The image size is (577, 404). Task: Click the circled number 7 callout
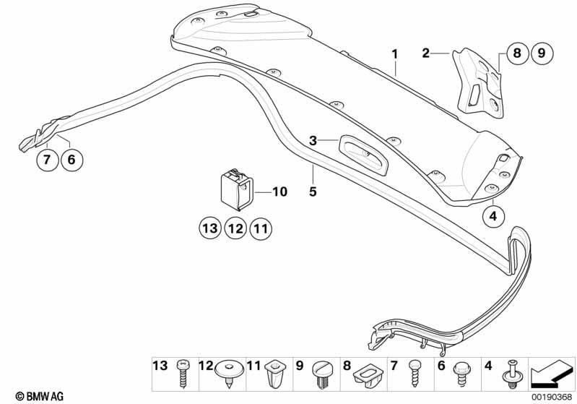[x=47, y=160]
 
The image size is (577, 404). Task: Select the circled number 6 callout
[x=71, y=160]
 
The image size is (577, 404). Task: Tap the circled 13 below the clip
[x=210, y=228]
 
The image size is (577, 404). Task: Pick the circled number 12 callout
[x=235, y=228]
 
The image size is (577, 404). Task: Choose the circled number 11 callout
[x=261, y=228]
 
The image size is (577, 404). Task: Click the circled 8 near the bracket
[x=517, y=53]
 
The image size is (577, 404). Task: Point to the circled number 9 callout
[x=542, y=53]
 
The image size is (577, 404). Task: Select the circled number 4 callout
[x=493, y=216]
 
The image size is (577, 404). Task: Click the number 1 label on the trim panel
[x=395, y=54]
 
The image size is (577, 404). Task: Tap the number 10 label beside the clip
[x=279, y=192]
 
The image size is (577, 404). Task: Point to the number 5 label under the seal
[x=313, y=192]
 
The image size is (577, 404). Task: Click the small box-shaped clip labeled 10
[x=237, y=189]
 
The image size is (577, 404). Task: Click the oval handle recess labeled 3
[x=363, y=153]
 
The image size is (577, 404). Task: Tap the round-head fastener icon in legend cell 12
[x=229, y=373]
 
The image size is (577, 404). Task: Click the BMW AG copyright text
[x=40, y=396]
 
